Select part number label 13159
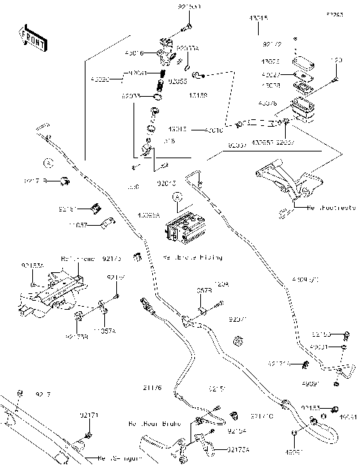tap(199, 96)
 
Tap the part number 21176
tap(152, 387)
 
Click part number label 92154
tap(237, 432)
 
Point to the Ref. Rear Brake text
tap(153, 424)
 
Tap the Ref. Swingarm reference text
tap(117, 457)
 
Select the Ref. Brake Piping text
tap(193, 257)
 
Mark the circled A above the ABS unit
tap(177, 197)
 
